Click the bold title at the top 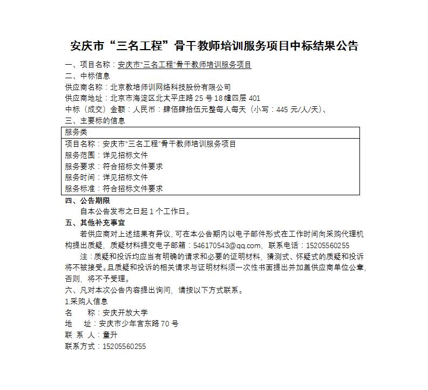click(214, 45)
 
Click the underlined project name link click(184, 65)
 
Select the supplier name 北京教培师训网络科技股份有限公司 click(170, 87)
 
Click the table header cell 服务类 click(76, 132)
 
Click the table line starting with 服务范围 click(106, 155)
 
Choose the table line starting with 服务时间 click(106, 177)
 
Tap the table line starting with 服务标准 click(114, 189)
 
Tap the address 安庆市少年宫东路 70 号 click(139, 324)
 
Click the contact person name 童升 click(110, 335)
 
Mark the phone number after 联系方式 click(125, 346)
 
